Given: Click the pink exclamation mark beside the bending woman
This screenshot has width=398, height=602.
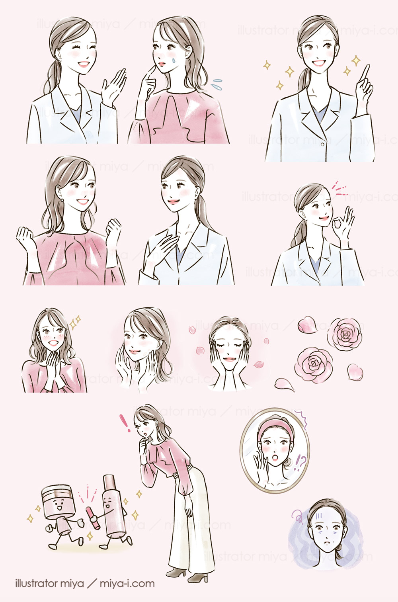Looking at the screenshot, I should [125, 423].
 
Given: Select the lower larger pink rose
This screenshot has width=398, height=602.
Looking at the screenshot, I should [314, 363].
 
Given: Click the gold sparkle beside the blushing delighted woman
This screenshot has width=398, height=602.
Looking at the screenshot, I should [75, 321].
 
